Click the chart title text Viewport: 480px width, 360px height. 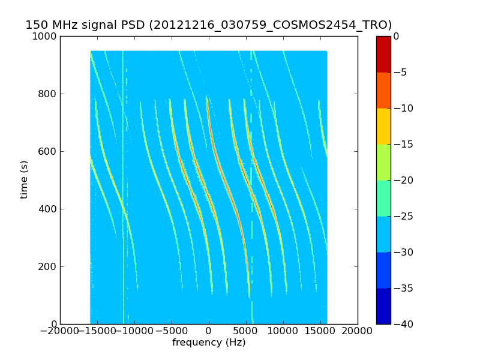tap(208, 25)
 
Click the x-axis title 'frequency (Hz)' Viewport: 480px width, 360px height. tap(209, 343)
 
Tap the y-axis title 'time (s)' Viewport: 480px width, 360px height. tap(25, 179)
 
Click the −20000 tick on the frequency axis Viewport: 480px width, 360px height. tap(60, 331)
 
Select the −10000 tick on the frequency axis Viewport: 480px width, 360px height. tap(134, 331)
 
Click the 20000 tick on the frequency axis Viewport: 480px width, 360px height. tap(358, 331)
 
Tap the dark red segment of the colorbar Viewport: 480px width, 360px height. tap(383, 54)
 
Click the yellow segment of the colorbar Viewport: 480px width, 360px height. tap(383, 126)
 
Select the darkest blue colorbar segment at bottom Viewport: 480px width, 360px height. tap(383, 306)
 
